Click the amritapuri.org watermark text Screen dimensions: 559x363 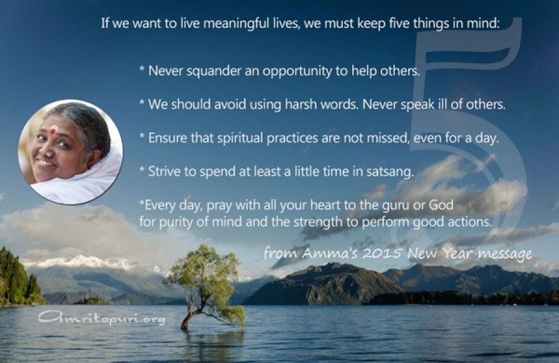pyautogui.click(x=102, y=318)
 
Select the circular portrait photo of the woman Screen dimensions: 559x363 pyautogui.click(x=71, y=152)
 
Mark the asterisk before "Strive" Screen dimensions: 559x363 pyautogui.click(x=142, y=169)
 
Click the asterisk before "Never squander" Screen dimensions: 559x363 pyautogui.click(x=142, y=69)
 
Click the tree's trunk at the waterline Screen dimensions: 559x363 pyautogui.click(x=184, y=327)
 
